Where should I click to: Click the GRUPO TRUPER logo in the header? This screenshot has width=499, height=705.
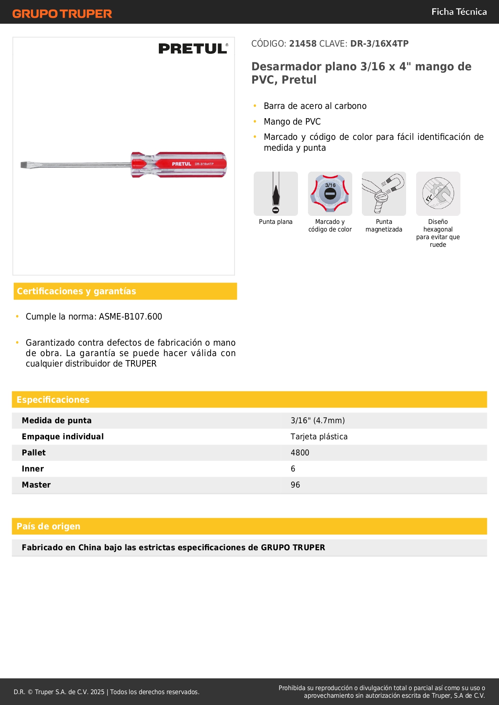click(62, 14)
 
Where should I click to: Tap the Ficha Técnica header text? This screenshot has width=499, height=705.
click(459, 12)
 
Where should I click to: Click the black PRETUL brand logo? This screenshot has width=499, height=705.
click(193, 49)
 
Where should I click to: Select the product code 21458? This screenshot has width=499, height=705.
click(303, 44)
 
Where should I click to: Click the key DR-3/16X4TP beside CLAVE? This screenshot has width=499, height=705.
click(379, 44)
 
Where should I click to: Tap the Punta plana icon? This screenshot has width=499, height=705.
click(276, 194)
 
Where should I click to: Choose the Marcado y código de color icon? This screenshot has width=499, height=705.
click(330, 194)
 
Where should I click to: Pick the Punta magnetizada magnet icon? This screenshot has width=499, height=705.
click(384, 194)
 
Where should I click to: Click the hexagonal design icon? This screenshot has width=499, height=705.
click(438, 194)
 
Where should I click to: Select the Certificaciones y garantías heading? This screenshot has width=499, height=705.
click(76, 291)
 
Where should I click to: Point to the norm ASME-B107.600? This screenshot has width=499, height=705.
click(130, 317)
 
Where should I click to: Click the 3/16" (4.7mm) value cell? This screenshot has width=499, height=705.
click(318, 421)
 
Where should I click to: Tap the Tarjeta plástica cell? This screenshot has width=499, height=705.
click(319, 437)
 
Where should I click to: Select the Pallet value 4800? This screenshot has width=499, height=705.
click(300, 453)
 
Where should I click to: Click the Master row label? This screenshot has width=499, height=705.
click(36, 485)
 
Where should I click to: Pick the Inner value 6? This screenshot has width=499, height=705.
click(293, 469)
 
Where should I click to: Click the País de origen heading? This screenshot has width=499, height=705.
click(48, 527)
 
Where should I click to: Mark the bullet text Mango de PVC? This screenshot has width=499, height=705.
click(292, 122)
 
